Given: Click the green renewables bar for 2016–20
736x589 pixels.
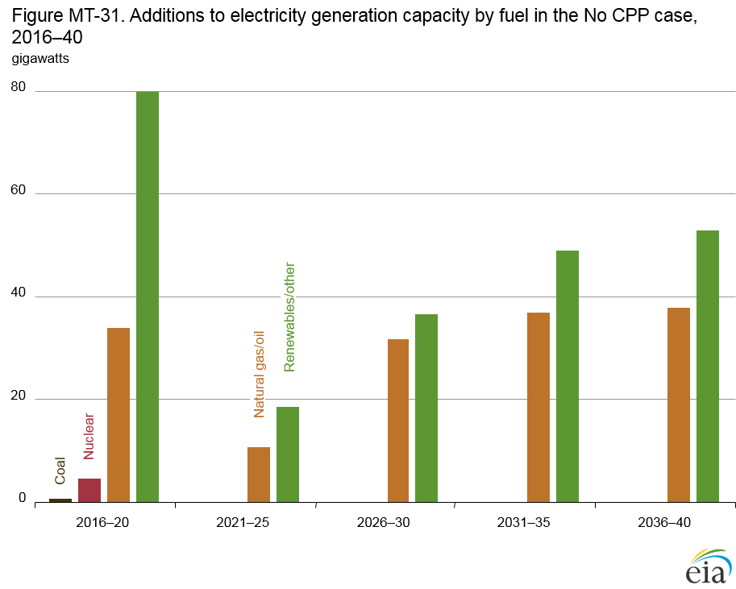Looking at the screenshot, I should [x=148, y=297].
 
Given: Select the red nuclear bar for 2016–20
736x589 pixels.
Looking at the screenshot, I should [x=89, y=490].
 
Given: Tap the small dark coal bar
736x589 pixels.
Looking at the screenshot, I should [x=60, y=500].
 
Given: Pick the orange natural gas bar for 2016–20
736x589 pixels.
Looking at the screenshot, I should [x=119, y=415].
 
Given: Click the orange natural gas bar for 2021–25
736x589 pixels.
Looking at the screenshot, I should [x=259, y=475].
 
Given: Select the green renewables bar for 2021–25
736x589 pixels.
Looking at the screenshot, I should [x=288, y=454].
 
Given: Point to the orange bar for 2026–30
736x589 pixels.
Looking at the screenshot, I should [x=398, y=421].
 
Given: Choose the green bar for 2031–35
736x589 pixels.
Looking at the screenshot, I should [x=568, y=376].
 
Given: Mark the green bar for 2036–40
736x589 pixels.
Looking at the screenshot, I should [x=708, y=367].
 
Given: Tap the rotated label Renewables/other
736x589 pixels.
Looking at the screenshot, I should [x=290, y=317].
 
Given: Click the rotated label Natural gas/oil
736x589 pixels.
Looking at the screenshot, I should [x=259, y=374].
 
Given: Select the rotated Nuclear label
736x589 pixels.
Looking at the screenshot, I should [x=89, y=436].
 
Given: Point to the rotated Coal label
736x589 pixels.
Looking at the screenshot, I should [x=60, y=471].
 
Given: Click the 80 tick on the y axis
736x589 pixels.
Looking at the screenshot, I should [x=18, y=87].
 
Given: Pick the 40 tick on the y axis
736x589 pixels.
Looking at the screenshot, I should [x=18, y=293].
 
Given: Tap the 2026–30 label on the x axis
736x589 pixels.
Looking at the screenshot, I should [x=383, y=522].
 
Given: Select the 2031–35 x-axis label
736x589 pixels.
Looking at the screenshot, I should [x=523, y=522].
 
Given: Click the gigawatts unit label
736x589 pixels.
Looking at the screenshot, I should [x=40, y=59].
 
